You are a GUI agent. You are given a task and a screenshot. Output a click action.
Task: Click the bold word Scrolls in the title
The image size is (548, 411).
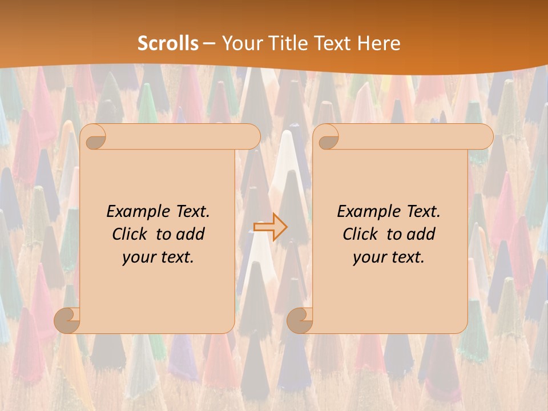tap(168, 43)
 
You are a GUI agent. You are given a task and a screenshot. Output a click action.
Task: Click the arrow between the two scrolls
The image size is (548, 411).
tap(271, 227)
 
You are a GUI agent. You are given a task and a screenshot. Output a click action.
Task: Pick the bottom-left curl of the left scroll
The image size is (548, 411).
tap(67, 321)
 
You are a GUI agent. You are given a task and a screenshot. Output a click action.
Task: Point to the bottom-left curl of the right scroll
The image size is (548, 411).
tap(300, 321)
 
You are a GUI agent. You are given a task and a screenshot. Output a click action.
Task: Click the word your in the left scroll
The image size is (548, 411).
tap(138, 257)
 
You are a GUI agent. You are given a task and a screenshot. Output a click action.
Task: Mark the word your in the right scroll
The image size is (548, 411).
tap(368, 257)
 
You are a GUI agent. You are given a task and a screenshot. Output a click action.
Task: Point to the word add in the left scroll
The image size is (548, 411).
tap(191, 234)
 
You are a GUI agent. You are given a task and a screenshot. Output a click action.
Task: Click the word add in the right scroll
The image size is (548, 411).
tap(422, 234)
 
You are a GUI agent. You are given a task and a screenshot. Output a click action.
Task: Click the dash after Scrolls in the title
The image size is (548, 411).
tap(209, 43)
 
